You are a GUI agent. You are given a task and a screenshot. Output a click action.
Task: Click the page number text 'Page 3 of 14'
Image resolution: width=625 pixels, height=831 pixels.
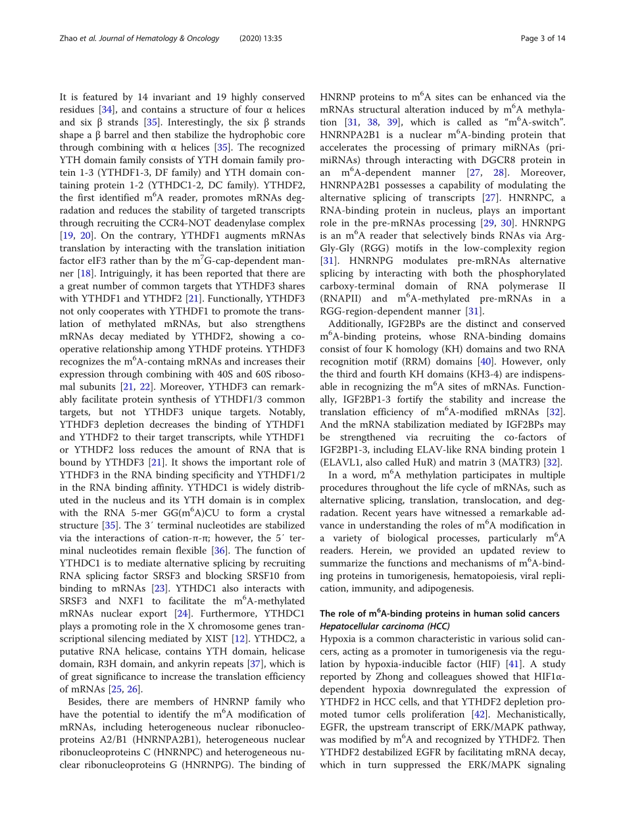(x=543, y=39)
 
